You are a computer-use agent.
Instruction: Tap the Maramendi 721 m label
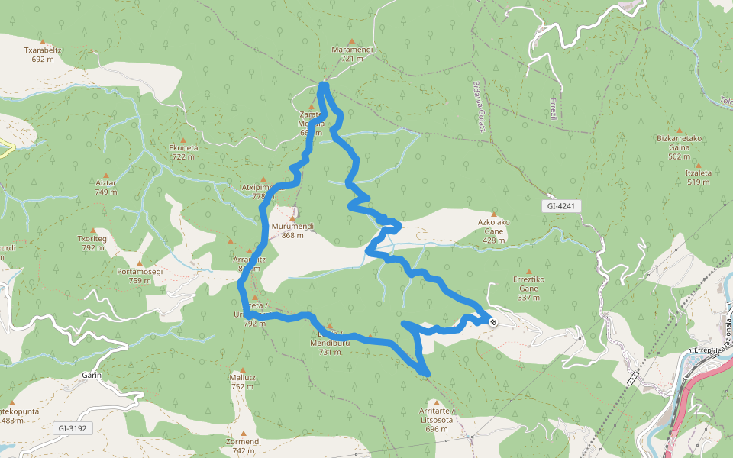352,53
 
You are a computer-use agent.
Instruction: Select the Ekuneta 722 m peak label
183,152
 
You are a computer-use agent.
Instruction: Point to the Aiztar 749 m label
106,187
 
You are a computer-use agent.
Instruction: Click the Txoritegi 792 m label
93,243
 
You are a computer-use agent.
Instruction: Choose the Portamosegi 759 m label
140,276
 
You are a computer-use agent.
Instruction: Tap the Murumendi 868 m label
292,231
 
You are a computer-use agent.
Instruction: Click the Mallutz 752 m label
242,382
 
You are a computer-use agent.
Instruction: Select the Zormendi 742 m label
244,446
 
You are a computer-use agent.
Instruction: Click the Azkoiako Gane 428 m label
494,235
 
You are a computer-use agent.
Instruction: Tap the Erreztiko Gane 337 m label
528,283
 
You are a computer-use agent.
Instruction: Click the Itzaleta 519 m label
698,177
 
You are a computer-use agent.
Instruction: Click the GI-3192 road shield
74,428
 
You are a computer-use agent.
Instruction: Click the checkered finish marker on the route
494,322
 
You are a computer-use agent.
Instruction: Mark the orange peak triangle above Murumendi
292,218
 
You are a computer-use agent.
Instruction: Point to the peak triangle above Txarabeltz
43,41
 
